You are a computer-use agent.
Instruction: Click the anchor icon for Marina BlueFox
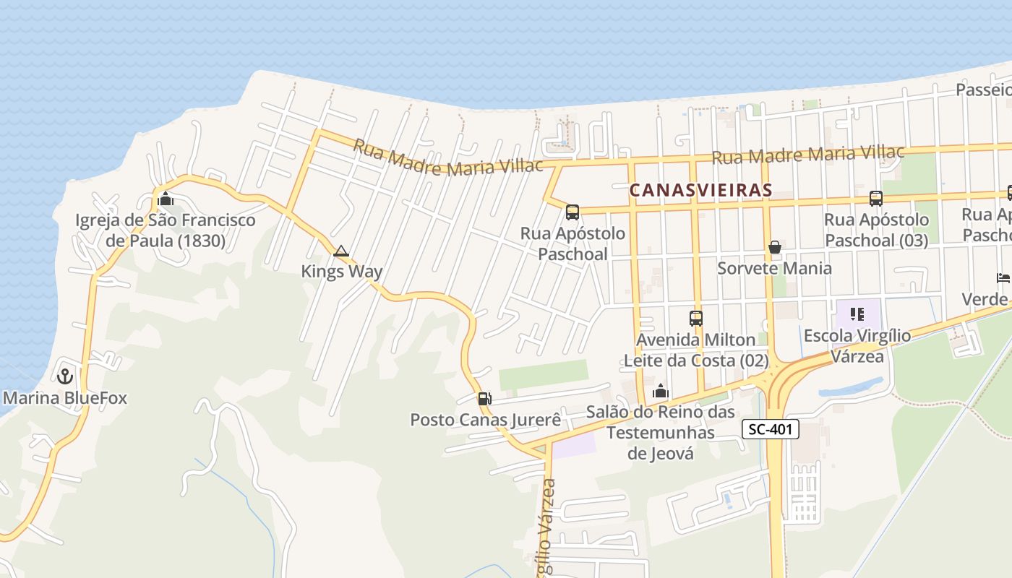[x=65, y=376]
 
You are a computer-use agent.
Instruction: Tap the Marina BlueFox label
[x=65, y=398]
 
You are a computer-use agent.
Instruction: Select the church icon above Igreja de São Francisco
[x=166, y=198]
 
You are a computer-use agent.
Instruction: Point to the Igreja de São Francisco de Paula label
[x=166, y=230]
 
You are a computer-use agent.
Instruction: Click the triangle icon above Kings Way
[x=341, y=251]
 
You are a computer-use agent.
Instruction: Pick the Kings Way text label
[x=342, y=272]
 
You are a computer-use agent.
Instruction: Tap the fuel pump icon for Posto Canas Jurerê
[x=484, y=398]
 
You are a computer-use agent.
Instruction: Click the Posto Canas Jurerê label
[x=486, y=420]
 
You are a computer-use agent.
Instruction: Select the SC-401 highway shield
[x=771, y=429]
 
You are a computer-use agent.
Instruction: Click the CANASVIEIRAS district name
[x=700, y=191]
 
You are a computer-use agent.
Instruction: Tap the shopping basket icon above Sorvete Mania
[x=775, y=247]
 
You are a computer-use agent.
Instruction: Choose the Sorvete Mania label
[x=774, y=268]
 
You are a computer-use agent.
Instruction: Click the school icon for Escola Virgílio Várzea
[x=857, y=314]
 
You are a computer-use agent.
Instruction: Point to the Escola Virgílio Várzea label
[x=857, y=345]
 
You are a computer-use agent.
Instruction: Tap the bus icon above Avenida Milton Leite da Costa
[x=696, y=318]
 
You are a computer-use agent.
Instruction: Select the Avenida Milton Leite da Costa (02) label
[x=696, y=350]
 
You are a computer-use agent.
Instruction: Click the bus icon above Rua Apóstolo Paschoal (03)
[x=876, y=198]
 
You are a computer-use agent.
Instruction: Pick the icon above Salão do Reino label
[x=660, y=392]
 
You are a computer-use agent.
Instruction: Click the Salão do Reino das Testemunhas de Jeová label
[x=660, y=432]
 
